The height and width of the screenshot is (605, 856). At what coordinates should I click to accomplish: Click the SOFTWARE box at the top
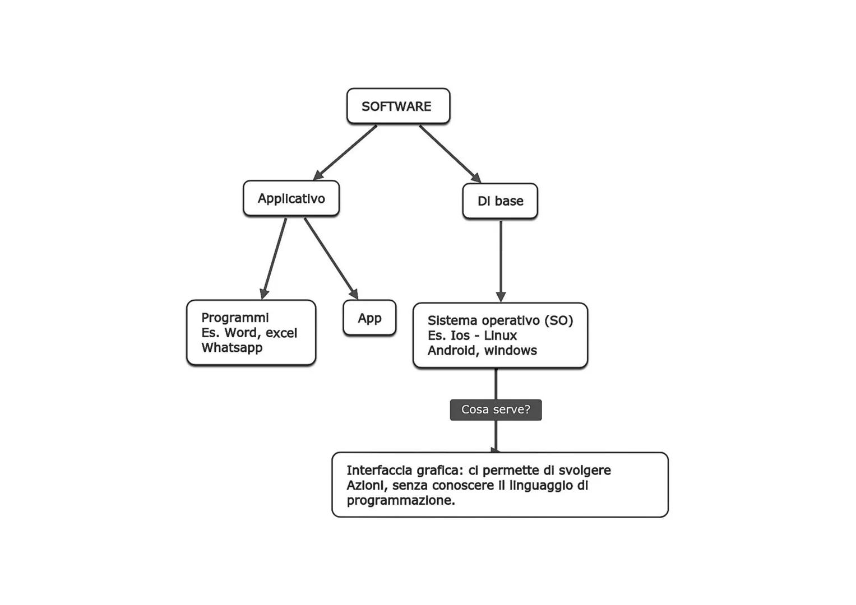(397, 106)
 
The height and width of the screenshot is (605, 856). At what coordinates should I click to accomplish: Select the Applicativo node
(291, 198)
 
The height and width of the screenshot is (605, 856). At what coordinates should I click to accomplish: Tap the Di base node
(500, 201)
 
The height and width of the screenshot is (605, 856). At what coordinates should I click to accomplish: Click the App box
(369, 318)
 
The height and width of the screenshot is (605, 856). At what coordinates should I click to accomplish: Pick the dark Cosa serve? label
(496, 409)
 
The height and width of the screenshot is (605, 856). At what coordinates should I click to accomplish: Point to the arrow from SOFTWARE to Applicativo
(345, 152)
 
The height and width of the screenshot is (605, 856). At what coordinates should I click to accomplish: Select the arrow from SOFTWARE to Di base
(450, 153)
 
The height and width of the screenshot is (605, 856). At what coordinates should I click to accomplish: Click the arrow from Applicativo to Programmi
(274, 258)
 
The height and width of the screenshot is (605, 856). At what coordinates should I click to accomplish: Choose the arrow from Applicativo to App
(331, 258)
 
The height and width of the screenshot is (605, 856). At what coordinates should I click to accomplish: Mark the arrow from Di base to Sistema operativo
(501, 260)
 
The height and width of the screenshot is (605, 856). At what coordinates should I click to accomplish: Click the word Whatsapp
(232, 348)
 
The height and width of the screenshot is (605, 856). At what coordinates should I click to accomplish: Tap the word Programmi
(235, 318)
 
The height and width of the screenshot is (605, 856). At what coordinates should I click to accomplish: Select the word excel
(281, 333)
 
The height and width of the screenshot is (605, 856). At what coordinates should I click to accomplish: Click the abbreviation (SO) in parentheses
(558, 320)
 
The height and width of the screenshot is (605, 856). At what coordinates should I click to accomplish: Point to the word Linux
(501, 336)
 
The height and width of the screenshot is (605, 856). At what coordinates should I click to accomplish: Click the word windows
(511, 351)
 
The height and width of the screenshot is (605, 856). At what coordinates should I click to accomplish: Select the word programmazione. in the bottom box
(400, 501)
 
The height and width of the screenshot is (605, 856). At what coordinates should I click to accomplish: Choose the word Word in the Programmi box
(242, 333)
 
